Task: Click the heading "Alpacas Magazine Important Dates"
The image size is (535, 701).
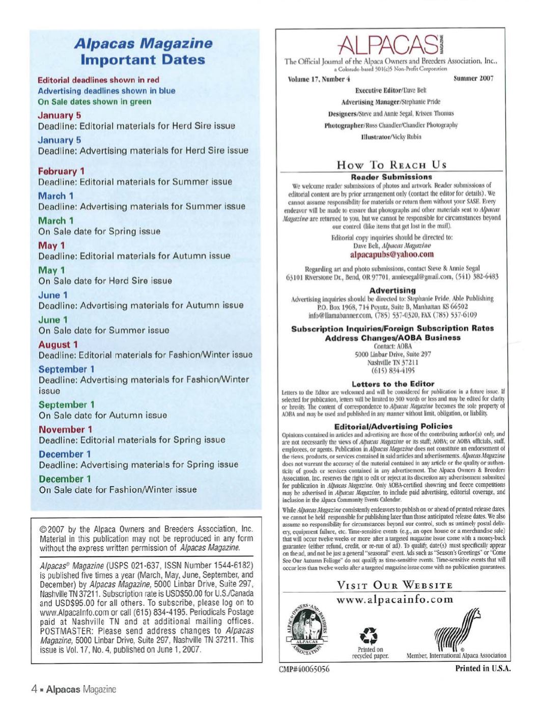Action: (143, 51)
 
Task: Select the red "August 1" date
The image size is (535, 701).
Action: (59, 344)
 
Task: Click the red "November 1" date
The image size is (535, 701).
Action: (66, 429)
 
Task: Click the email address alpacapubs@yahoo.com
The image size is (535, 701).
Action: (392, 254)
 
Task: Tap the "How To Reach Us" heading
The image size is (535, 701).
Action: (391, 165)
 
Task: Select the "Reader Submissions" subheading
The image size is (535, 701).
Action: (391, 177)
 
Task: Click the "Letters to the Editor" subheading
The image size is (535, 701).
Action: (392, 384)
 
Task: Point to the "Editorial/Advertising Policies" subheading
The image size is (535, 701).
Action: (393, 426)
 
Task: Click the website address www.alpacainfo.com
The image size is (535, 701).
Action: (395, 599)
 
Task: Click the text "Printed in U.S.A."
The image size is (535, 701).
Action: (483, 668)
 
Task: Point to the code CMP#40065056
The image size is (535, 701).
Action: (304, 669)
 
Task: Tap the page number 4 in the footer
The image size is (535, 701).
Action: (34, 689)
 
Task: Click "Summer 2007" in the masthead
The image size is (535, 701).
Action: (473, 78)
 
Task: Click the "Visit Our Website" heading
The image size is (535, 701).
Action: (395, 585)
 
